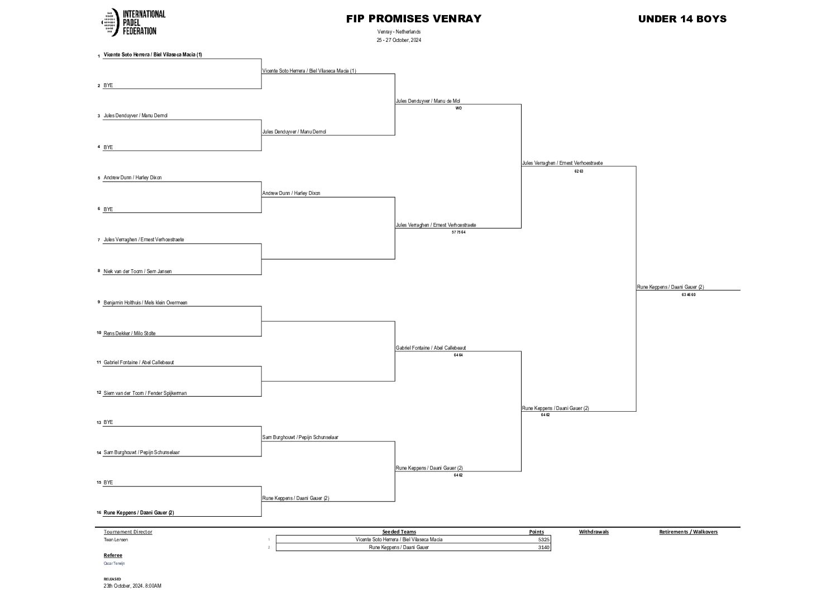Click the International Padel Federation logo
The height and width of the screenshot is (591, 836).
tap(133, 22)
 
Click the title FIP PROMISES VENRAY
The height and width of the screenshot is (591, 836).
tap(413, 18)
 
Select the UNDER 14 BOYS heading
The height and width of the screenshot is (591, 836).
tap(682, 18)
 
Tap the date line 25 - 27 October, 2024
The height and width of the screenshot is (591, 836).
tap(398, 40)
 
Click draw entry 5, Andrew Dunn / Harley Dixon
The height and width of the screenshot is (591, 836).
tap(132, 178)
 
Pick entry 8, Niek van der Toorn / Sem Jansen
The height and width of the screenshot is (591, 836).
tap(137, 271)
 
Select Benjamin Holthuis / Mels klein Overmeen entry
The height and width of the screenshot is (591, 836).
tap(145, 303)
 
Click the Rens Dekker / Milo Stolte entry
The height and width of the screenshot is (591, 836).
tap(129, 333)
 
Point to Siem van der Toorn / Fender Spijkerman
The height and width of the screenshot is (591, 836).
tap(145, 393)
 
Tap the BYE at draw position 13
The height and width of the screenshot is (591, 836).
tap(108, 422)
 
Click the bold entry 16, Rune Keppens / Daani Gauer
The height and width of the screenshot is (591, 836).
tap(138, 513)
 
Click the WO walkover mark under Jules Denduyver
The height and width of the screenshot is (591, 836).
tap(458, 108)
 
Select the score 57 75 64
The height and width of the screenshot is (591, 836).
tap(458, 232)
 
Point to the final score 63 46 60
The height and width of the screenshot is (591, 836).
tap(688, 294)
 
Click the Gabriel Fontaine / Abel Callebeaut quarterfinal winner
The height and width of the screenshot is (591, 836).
tap(431, 348)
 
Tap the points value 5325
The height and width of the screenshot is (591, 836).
tap(543, 540)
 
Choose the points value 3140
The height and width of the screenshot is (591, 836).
tap(543, 547)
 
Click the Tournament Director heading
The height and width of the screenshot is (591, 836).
tap(128, 532)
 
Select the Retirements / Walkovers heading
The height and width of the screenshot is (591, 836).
tap(688, 532)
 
